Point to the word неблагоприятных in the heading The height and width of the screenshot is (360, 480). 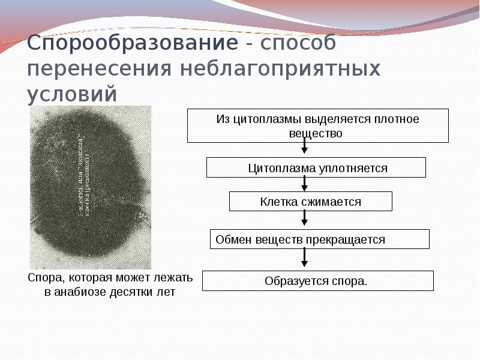click(x=281, y=69)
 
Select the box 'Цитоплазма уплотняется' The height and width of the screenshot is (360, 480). click(x=316, y=168)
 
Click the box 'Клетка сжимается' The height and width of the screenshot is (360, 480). click(x=310, y=202)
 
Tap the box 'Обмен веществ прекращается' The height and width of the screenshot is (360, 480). click(x=319, y=239)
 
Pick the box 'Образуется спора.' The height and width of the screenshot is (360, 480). click(x=317, y=281)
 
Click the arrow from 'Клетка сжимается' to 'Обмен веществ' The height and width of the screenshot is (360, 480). click(x=304, y=220)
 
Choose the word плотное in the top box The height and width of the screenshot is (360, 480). click(x=400, y=119)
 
